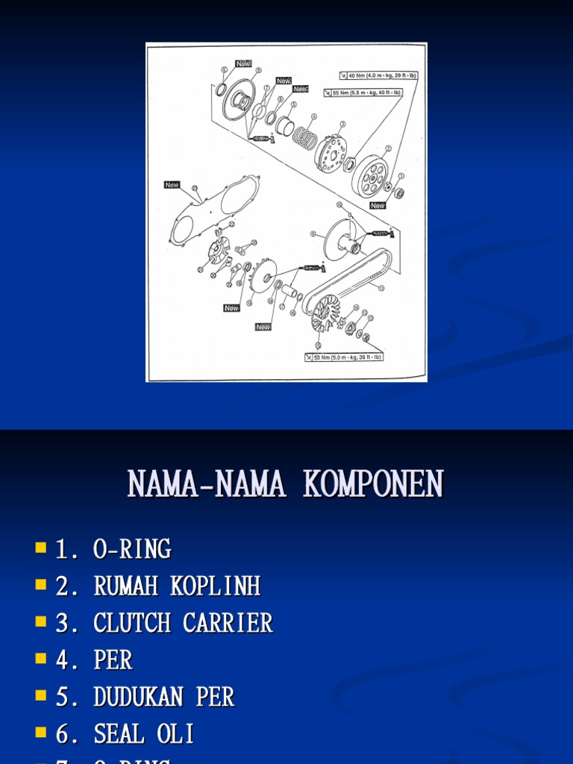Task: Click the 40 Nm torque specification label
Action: pyautogui.click(x=379, y=75)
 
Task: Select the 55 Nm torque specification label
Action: pyautogui.click(x=363, y=93)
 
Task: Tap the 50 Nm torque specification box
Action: pyautogui.click(x=344, y=357)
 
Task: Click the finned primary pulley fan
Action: pyautogui.click(x=325, y=312)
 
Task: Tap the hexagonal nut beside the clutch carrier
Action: pyautogui.click(x=348, y=163)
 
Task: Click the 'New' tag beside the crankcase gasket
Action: pyautogui.click(x=172, y=184)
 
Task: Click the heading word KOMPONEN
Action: pyautogui.click(x=373, y=484)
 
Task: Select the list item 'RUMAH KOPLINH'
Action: pyautogui.click(x=177, y=586)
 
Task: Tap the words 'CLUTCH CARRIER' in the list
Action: pyautogui.click(x=183, y=623)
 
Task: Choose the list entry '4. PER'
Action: pyautogui.click(x=94, y=660)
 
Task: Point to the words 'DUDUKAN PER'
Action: pyautogui.click(x=163, y=697)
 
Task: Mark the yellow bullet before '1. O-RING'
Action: pyautogui.click(x=40, y=548)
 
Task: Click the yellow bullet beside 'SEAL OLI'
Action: pyautogui.click(x=40, y=733)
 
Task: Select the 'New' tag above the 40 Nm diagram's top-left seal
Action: pyautogui.click(x=244, y=64)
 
